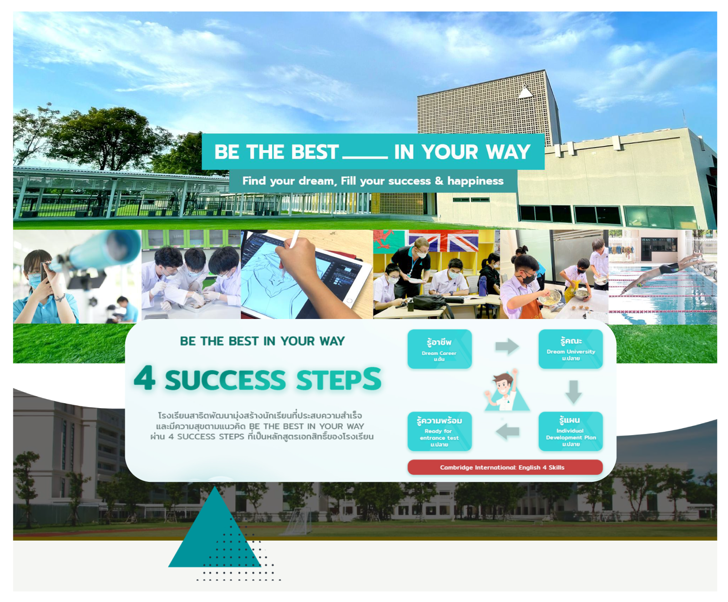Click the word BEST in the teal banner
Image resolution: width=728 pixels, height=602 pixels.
click(315, 152)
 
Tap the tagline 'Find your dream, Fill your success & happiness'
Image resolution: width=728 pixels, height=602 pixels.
click(373, 181)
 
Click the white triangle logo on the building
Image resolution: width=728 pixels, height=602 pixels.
click(526, 92)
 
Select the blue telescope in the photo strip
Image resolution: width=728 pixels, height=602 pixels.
click(98, 253)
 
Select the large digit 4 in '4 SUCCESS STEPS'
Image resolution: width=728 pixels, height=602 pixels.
click(145, 378)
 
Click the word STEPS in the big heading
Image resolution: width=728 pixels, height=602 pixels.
click(339, 379)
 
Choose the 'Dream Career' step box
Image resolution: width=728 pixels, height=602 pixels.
click(440, 349)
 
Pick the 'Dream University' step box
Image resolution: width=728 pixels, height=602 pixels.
click(571, 349)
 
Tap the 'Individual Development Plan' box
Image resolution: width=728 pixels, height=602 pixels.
click(571, 431)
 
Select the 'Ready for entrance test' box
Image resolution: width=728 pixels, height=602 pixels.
click(440, 431)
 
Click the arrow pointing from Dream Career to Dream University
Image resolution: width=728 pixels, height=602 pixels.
click(507, 346)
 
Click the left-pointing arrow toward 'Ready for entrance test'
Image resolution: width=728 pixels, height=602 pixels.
click(507, 431)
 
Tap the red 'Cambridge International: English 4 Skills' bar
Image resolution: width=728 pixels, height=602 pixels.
click(505, 467)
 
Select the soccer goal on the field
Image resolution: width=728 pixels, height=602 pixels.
click(298, 522)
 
